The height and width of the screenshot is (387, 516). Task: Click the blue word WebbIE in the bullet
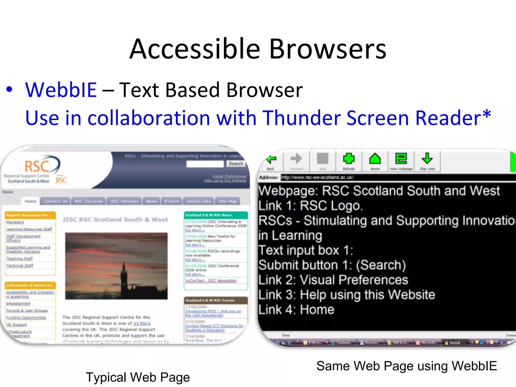tap(61, 90)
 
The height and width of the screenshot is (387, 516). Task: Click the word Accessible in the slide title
tap(195, 49)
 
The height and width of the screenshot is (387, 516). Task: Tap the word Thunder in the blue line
tap(301, 118)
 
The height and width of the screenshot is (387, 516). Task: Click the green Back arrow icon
tap(271, 159)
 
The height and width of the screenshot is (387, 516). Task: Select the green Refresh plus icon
tap(349, 159)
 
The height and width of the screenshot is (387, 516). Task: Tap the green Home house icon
tap(375, 159)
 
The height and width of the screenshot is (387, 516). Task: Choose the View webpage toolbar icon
tap(401, 159)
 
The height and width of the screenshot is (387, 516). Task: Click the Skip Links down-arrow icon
tap(427, 159)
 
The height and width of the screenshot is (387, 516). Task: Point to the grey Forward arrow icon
tap(296, 159)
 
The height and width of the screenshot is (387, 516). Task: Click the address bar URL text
tap(317, 177)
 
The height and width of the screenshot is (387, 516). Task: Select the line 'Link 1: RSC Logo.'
tap(310, 206)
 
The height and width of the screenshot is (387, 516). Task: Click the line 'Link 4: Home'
tap(296, 310)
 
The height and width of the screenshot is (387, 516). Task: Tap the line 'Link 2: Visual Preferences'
tap(333, 280)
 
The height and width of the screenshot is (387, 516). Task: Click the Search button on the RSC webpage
tap(236, 164)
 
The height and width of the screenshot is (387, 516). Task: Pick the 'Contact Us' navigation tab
tap(55, 201)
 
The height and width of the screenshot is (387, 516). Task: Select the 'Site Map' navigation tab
tap(228, 201)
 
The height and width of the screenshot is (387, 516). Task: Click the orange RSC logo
tap(38, 166)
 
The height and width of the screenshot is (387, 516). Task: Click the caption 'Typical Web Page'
tap(138, 377)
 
